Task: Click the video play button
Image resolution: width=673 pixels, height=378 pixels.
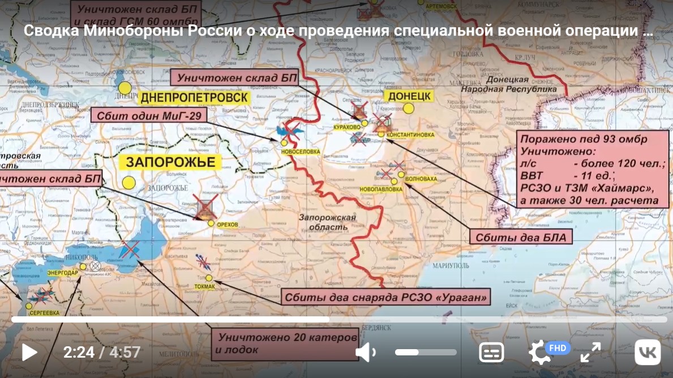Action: coord(29,353)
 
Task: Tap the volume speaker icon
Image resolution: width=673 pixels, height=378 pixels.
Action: coord(365,353)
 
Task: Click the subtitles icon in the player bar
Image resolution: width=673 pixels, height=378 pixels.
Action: coord(491,353)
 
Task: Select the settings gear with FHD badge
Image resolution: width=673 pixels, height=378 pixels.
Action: coord(541,352)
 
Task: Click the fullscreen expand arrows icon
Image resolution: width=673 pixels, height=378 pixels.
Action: coord(590,353)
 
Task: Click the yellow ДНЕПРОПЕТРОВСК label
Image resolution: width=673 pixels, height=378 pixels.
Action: coord(194,98)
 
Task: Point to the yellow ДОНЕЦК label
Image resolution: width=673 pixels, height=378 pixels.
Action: coord(410,96)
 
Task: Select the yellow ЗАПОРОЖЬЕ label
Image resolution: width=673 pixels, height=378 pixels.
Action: coord(170,162)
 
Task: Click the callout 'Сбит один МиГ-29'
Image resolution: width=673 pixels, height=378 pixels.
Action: coord(149,116)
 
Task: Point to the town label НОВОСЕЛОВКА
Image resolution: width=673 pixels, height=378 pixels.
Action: coord(300,152)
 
